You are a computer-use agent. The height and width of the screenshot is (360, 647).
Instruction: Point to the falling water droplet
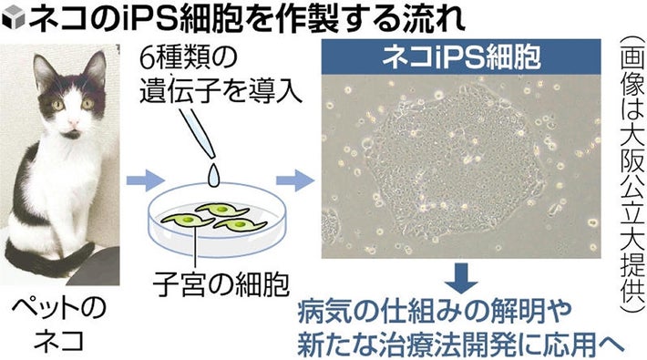(215, 170)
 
